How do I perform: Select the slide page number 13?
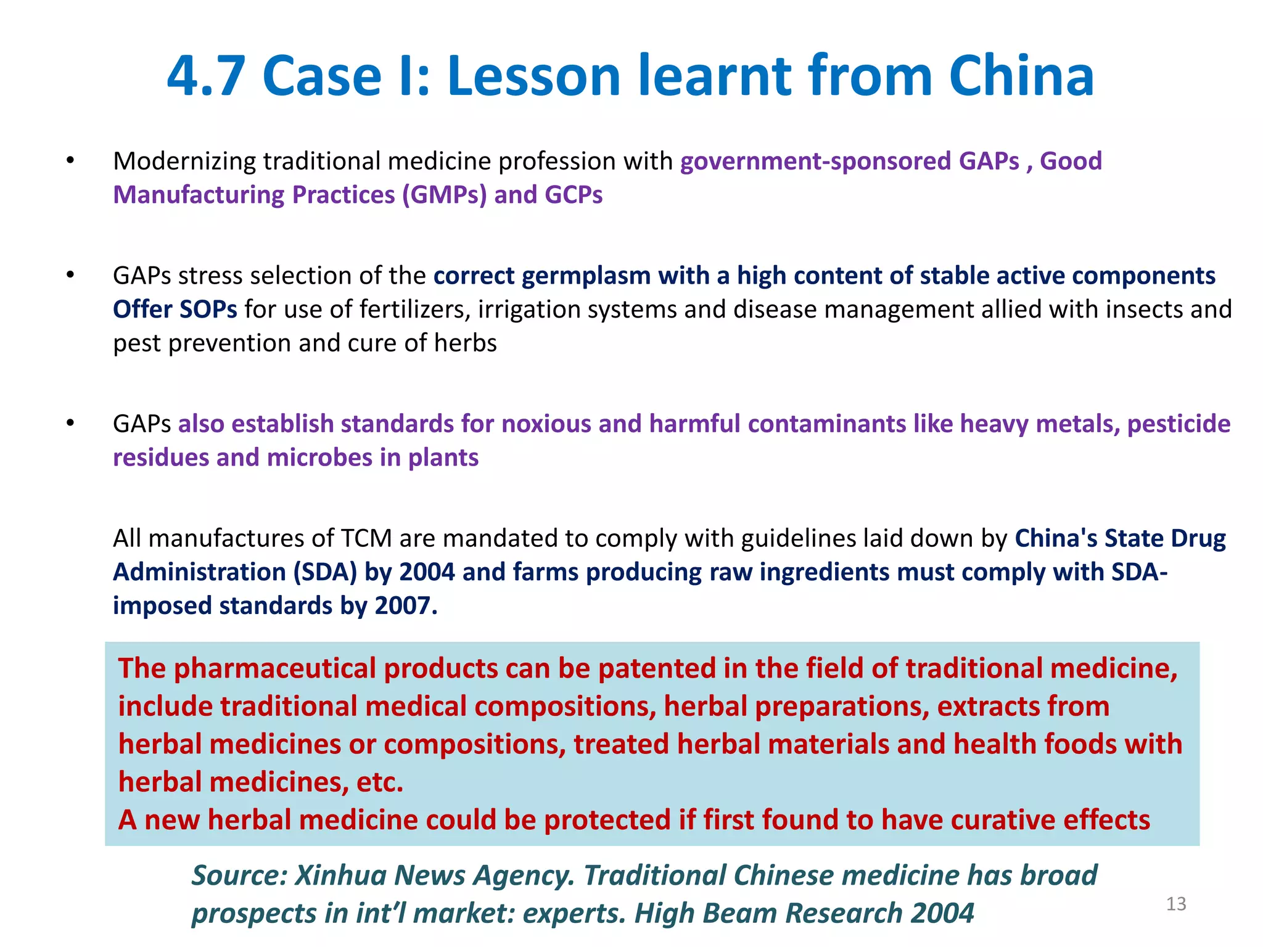pyautogui.click(x=1176, y=904)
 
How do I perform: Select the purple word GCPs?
pyautogui.click(x=574, y=195)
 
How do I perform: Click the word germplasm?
pyautogui.click(x=586, y=276)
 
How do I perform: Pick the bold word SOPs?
pyautogui.click(x=206, y=310)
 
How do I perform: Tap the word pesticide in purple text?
pyautogui.click(x=1179, y=424)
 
